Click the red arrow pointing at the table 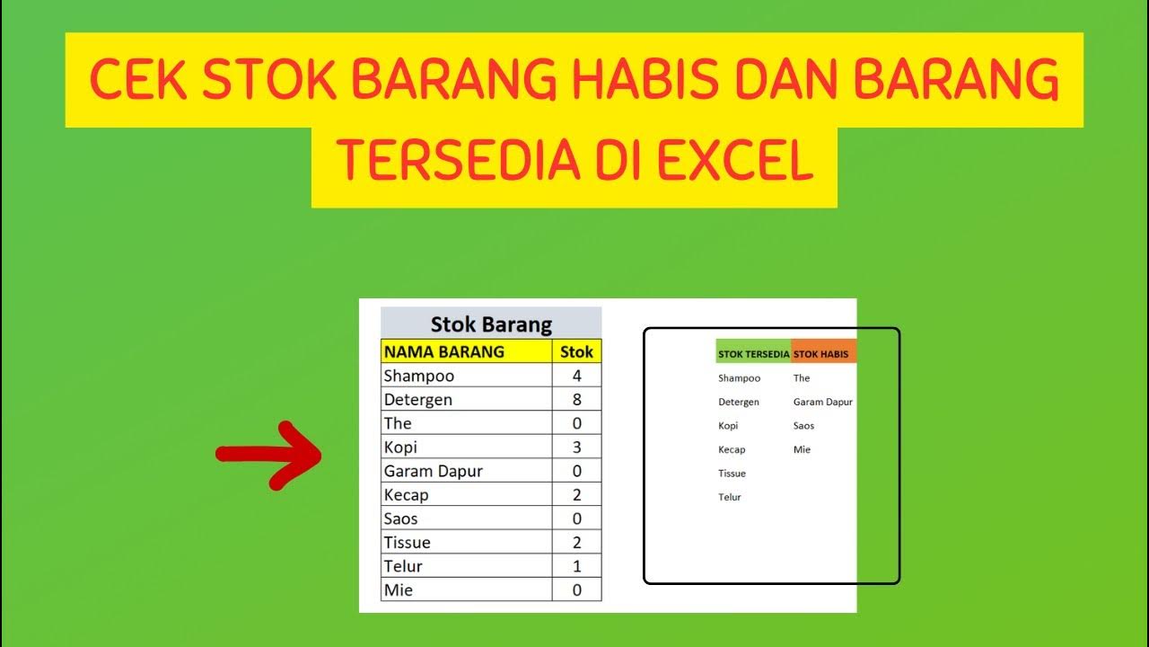pos(269,454)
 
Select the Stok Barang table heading pos(491,323)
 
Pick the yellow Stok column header pos(576,351)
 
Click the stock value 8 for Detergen pos(576,400)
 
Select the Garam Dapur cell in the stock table pos(433,471)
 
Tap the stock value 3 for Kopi pos(576,448)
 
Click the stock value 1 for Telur pos(576,566)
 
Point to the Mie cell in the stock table pos(399,590)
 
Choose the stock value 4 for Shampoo pos(576,376)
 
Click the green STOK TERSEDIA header pos(753,354)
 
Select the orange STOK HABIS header pos(821,354)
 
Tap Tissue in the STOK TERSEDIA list pos(732,474)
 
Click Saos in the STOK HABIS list pos(803,426)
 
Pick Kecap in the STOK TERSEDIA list pos(732,449)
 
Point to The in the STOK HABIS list pos(802,378)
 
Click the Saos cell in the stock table pos(400,518)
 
